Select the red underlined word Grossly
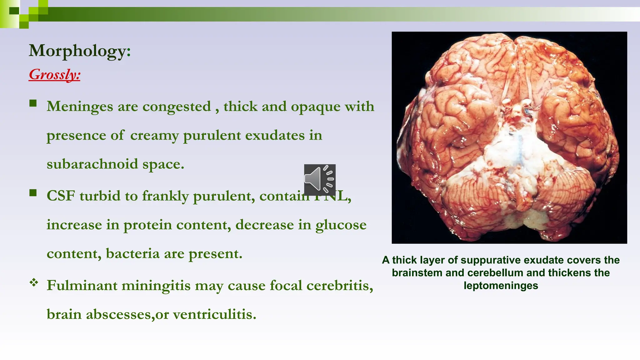coord(54,74)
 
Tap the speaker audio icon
coord(319,180)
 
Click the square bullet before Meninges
coord(33,103)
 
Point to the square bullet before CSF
coord(33,193)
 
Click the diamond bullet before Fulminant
coord(34,283)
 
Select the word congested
coord(177,107)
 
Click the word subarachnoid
coord(92,164)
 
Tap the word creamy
coord(154,136)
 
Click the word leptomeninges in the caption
coord(501,286)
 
